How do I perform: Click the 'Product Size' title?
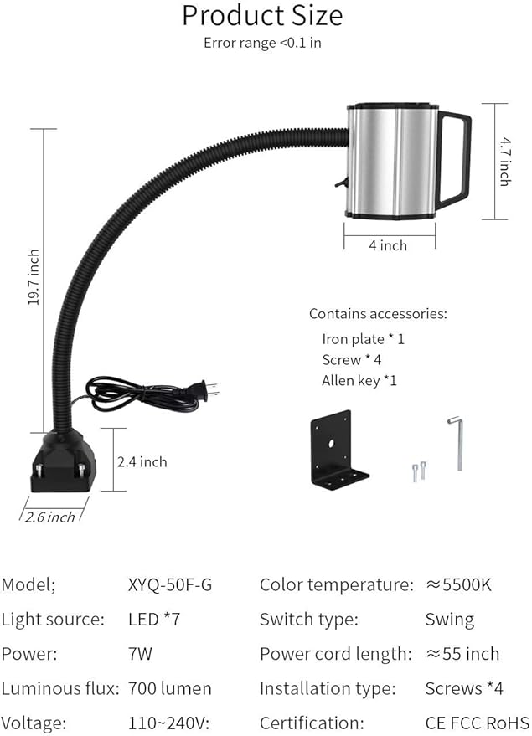(x=262, y=15)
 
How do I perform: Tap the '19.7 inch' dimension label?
(x=34, y=277)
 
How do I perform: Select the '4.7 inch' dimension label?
(x=505, y=162)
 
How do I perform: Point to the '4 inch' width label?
(x=388, y=245)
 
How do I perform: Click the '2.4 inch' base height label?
(x=142, y=462)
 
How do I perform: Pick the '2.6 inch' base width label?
(x=49, y=517)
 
